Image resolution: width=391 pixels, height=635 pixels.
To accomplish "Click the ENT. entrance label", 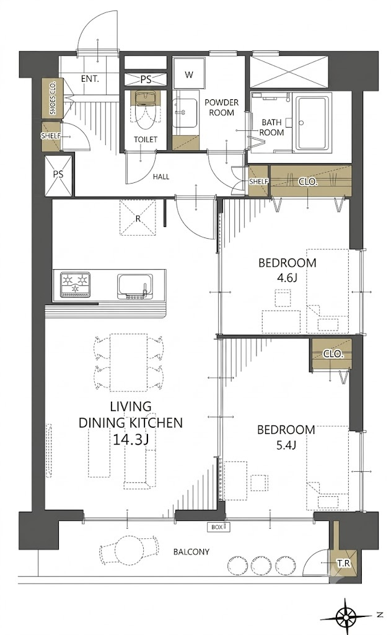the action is tap(90, 79).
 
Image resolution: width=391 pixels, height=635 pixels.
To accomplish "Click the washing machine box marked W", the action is tap(189, 74).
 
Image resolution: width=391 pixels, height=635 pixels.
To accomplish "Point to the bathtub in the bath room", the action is tap(314, 123).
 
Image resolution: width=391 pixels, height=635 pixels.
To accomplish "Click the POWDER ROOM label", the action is tap(221, 107).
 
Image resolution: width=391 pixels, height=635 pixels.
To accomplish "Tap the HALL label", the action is tap(161, 177).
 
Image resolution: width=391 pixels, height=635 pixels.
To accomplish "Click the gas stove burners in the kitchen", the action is tap(76, 284).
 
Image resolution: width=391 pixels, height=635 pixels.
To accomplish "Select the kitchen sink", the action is tap(135, 286).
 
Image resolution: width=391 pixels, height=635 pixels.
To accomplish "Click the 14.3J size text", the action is tap(129, 440).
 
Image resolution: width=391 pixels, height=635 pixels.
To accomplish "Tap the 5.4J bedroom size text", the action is tap(286, 446).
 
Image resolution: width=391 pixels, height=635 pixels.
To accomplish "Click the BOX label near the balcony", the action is tap(217, 527).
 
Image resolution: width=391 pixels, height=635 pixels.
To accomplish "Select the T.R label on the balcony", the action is tap(345, 563).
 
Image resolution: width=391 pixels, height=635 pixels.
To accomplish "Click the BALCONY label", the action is tap(191, 551).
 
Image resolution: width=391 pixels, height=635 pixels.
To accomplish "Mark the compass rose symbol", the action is tap(345, 617).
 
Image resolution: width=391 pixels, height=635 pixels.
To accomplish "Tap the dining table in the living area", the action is tap(128, 362).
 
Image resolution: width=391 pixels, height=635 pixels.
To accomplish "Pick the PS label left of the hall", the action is tap(58, 174).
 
